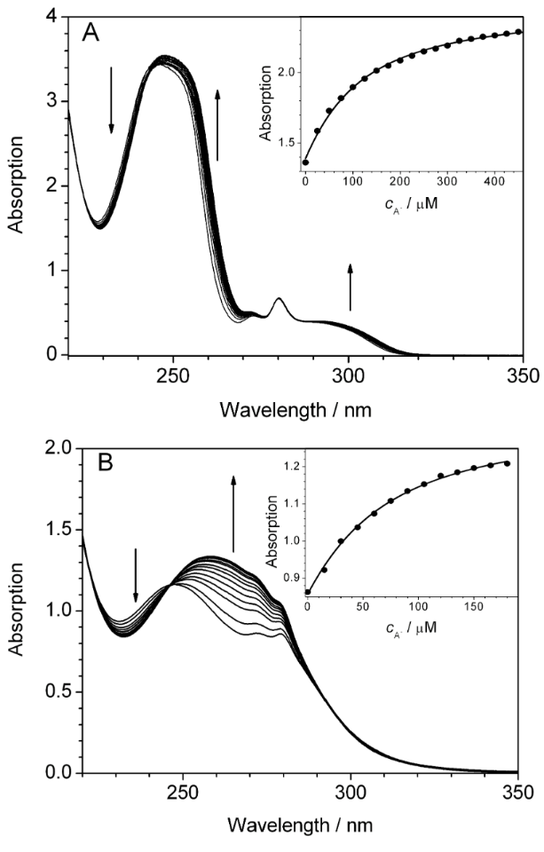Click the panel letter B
click(x=91, y=461)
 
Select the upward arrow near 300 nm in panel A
click(x=351, y=286)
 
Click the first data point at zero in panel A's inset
click(x=306, y=162)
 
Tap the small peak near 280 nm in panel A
click(x=279, y=300)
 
